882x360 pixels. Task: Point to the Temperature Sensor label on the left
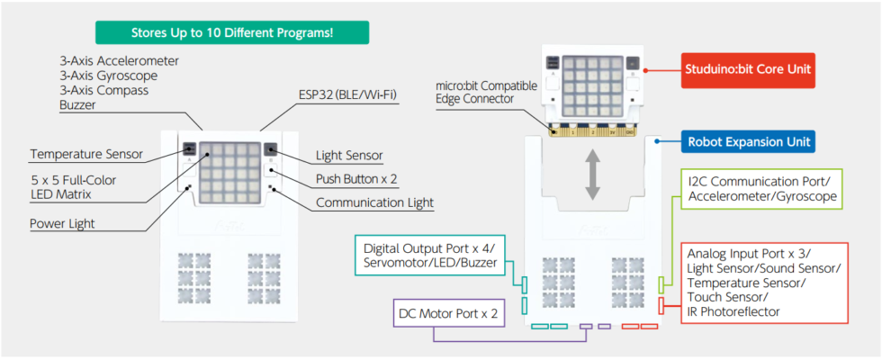tap(85, 154)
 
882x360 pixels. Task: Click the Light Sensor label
tap(349, 156)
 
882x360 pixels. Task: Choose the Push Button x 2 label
tap(357, 179)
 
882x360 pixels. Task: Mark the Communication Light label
tap(374, 202)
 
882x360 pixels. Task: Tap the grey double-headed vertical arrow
tap(591, 176)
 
